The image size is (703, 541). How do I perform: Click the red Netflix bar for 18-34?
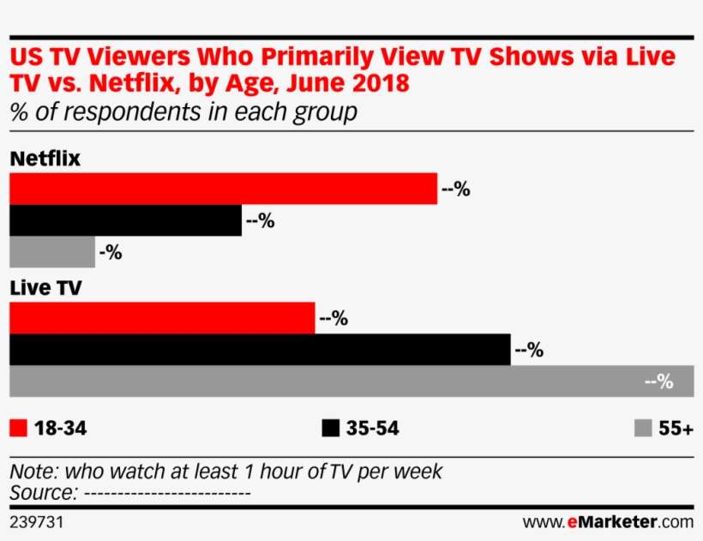pos(223,189)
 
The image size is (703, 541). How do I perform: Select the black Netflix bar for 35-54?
pos(125,220)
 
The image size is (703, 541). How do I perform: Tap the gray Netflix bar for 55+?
pos(51,252)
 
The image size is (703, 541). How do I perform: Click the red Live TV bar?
pos(161,318)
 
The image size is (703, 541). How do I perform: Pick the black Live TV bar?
pos(260,350)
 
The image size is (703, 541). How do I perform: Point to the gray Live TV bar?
pos(343,382)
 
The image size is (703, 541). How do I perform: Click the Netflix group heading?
pos(45,159)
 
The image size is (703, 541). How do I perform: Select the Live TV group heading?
pos(45,288)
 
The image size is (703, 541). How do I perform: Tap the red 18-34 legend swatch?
pos(19,428)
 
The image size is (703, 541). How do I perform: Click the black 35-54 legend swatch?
pos(330,428)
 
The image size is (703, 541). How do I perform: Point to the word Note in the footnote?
pos(30,472)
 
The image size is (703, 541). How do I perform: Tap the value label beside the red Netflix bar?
pos(455,189)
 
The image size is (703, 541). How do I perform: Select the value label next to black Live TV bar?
pos(529,350)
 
